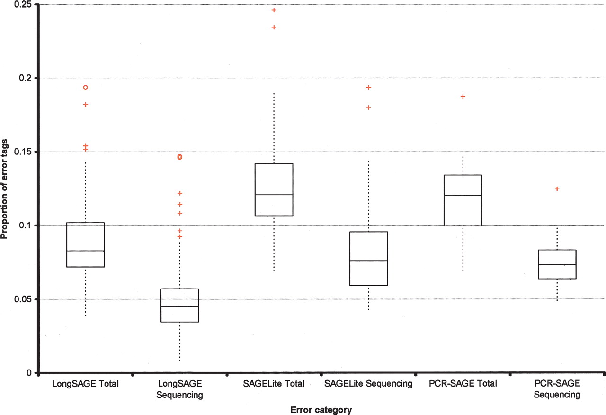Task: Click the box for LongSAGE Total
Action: [x=85, y=244]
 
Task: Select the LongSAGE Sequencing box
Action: [x=179, y=305]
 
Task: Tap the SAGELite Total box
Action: [x=274, y=189]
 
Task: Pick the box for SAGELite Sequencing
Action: [x=368, y=258]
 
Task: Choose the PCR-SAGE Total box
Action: [x=463, y=200]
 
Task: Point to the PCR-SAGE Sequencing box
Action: [x=557, y=264]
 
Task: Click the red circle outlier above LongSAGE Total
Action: [x=86, y=87]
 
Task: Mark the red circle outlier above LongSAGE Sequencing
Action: [x=179, y=157]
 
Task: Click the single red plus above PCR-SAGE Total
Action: [x=463, y=97]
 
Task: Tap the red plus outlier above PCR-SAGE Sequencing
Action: [x=557, y=189]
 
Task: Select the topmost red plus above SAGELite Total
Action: [x=274, y=10]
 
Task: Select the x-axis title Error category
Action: [x=321, y=410]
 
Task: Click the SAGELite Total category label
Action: [x=274, y=384]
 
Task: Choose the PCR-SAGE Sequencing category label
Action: [x=557, y=389]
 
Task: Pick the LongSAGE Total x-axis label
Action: [x=85, y=384]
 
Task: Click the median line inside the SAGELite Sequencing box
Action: [x=368, y=261]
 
